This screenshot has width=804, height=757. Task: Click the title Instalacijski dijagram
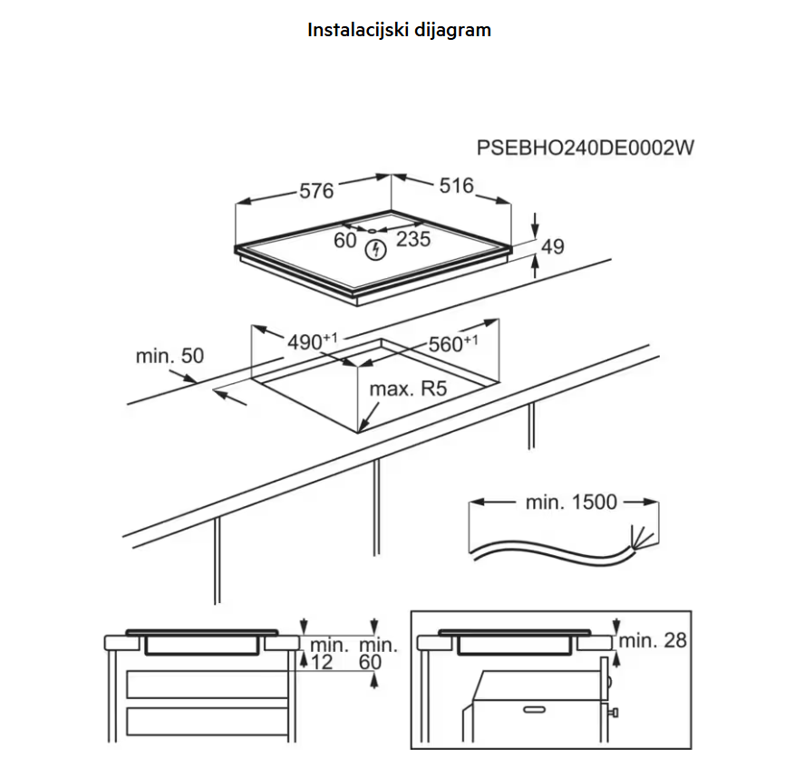[x=399, y=30]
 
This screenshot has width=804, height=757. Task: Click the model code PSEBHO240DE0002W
[x=585, y=148]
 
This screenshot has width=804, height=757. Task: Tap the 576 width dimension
[x=316, y=191]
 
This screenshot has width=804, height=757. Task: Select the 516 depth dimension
[x=456, y=186]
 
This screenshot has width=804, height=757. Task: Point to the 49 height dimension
[x=553, y=247]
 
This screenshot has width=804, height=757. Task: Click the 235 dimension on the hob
[x=413, y=239]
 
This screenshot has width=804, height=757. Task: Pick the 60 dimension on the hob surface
[x=344, y=240]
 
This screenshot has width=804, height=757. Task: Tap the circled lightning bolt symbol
[x=376, y=250]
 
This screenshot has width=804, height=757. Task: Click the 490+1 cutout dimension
[x=313, y=341]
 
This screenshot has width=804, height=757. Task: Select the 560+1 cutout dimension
[x=453, y=344]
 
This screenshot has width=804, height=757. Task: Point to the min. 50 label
[x=170, y=356]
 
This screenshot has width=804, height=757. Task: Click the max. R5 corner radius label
[x=408, y=389]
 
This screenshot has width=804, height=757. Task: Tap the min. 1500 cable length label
[x=571, y=503]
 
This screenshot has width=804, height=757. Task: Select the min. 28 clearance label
[x=653, y=640]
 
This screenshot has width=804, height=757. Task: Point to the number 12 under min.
[x=322, y=662]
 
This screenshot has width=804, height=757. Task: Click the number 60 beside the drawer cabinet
[x=370, y=662]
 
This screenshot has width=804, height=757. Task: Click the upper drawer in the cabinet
[x=208, y=685]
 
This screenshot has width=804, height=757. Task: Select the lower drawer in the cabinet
[x=208, y=722]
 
